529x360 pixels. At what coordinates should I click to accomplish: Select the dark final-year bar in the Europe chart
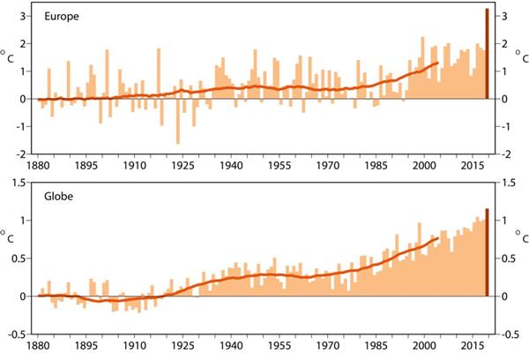pos(487,54)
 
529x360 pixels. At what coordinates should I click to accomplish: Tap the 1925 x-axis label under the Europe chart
pos(183,165)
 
